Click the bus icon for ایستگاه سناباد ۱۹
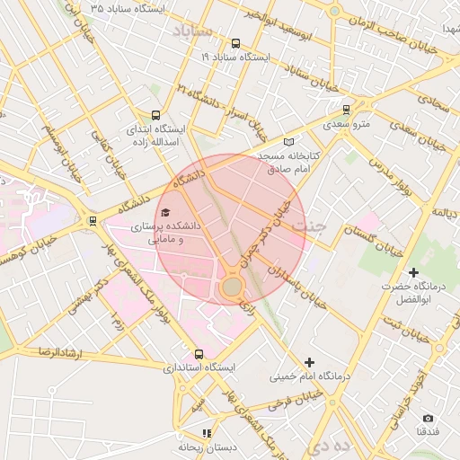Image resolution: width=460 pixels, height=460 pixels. [235, 43]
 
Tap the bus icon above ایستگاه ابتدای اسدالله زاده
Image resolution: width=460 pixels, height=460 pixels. [156, 115]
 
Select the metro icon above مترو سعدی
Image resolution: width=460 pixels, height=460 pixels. [346, 110]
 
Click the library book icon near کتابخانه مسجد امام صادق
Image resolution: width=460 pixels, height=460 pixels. [288, 142]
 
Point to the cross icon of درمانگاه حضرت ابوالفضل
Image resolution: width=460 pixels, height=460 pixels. [413, 272]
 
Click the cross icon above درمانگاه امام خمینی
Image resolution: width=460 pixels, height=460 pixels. [310, 362]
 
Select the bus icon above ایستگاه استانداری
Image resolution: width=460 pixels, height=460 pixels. [199, 354]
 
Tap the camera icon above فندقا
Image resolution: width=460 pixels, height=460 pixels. [428, 418]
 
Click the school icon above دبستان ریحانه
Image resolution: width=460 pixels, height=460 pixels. [208, 433]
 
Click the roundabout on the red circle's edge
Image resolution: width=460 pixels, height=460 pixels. [232, 287]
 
